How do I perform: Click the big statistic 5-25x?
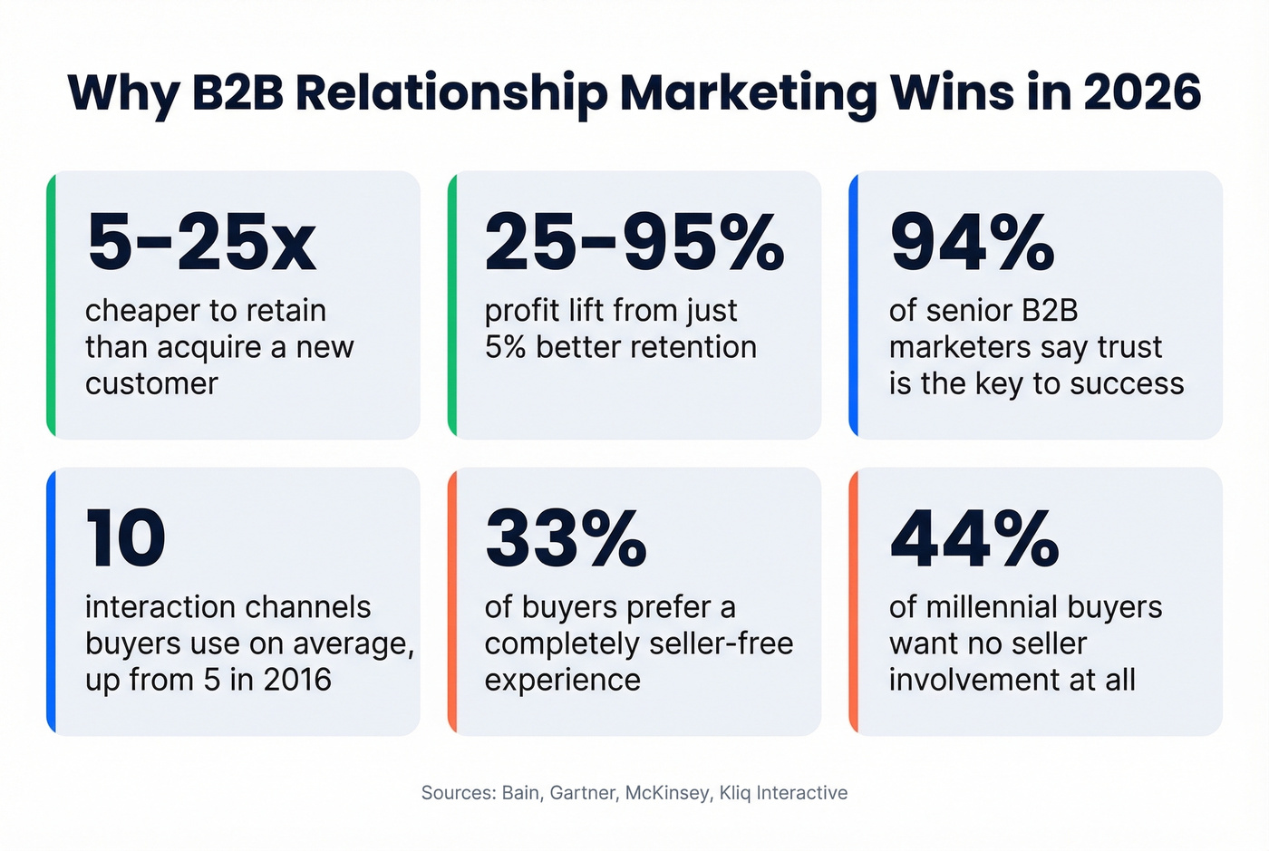pyautogui.click(x=201, y=242)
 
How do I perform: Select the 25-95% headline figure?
pyautogui.click(x=634, y=242)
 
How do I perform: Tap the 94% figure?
pyautogui.click(x=973, y=242)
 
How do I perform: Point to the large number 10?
pyautogui.click(x=126, y=538)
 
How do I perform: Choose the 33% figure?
pyautogui.click(x=566, y=538)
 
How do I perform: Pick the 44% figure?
pyautogui.click(x=974, y=538)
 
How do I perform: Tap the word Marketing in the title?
pyautogui.click(x=749, y=94)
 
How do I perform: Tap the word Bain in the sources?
pyautogui.click(x=521, y=793)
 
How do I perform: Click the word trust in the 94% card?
pyautogui.click(x=1129, y=347)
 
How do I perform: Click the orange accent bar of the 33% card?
pyautogui.click(x=452, y=601)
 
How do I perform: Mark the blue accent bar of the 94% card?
pyautogui.click(x=853, y=305)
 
